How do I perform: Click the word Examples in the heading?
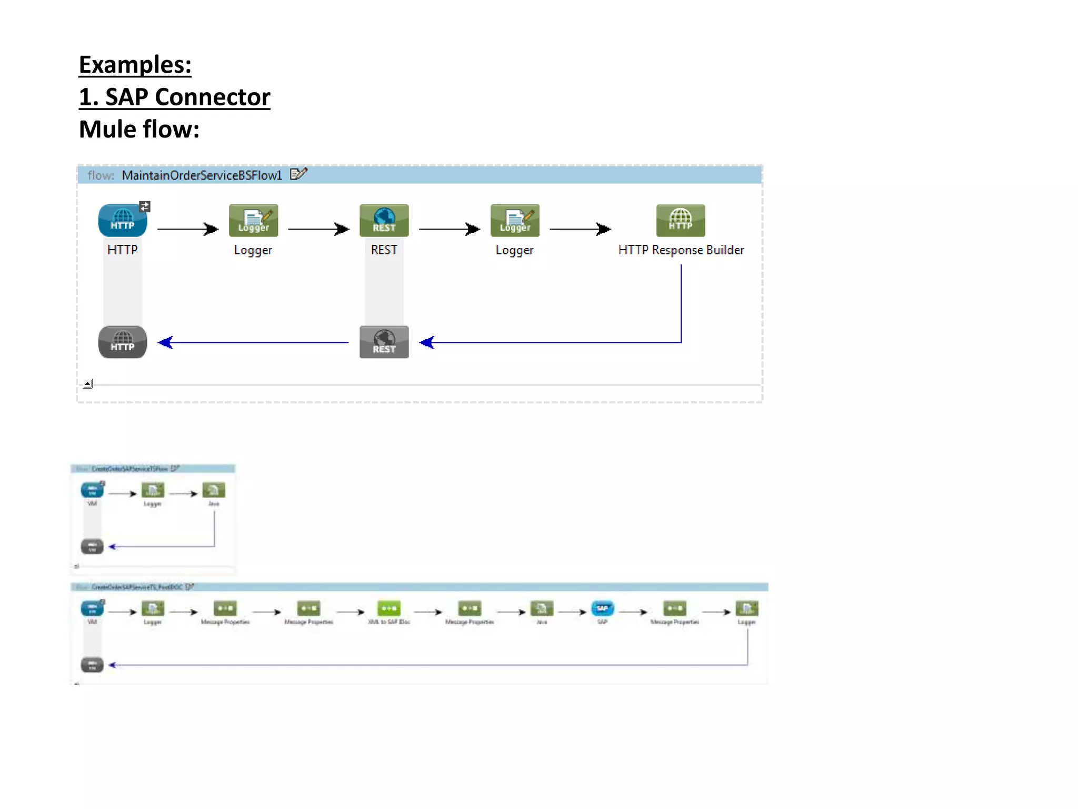tap(135, 65)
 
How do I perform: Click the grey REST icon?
tap(384, 342)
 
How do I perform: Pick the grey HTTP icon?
tap(122, 342)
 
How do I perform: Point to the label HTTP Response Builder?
tap(681, 250)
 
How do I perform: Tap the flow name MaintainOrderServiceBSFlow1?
tap(202, 175)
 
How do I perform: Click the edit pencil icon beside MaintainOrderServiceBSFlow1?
tap(298, 174)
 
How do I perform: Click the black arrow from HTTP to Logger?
tap(187, 229)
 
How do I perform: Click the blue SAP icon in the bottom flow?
tap(602, 609)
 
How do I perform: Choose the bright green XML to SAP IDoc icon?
tap(389, 609)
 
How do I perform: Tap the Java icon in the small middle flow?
tap(214, 490)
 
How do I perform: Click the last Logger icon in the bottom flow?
tap(746, 609)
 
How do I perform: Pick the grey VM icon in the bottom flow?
tap(92, 665)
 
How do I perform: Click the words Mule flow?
tap(139, 130)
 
